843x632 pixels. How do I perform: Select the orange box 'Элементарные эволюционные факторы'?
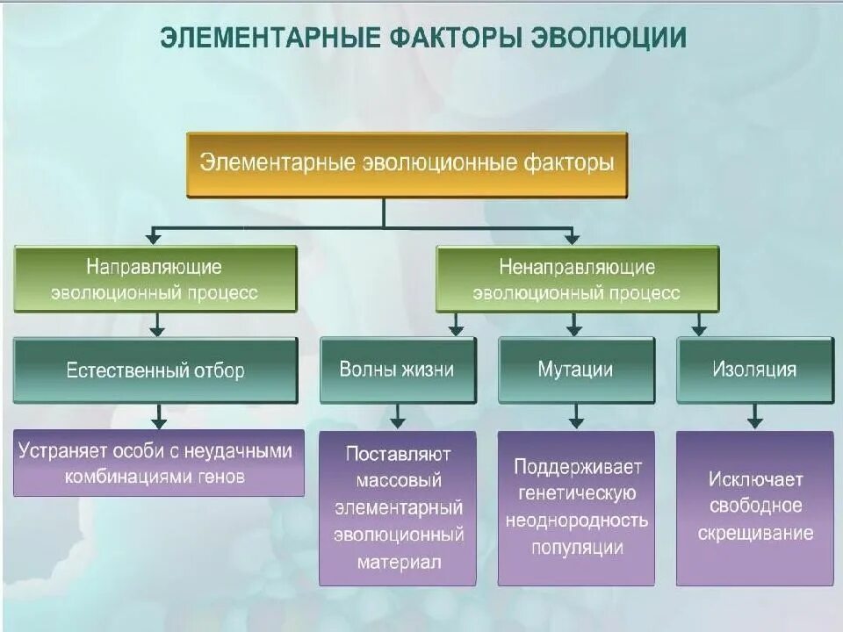(x=407, y=164)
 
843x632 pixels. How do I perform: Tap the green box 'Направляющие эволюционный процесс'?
(x=155, y=279)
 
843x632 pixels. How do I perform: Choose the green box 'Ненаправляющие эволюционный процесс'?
(x=577, y=279)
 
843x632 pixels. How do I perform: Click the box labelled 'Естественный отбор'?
(x=155, y=370)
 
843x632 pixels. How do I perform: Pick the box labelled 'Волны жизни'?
(x=397, y=370)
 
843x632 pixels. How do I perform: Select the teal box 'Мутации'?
(x=576, y=370)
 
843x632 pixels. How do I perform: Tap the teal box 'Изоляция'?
(x=754, y=370)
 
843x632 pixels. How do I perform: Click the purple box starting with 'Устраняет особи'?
(x=158, y=463)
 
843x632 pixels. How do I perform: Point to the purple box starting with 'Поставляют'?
(x=397, y=508)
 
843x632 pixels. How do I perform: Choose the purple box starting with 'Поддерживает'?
(x=576, y=508)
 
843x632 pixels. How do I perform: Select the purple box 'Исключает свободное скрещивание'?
(x=754, y=508)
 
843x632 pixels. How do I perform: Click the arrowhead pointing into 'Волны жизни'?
(x=456, y=330)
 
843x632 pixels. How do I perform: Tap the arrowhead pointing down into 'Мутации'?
(x=574, y=330)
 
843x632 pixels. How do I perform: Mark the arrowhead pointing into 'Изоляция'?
(x=699, y=330)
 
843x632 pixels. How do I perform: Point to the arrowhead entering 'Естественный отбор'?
(x=157, y=330)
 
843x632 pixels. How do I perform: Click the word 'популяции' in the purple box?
(x=577, y=549)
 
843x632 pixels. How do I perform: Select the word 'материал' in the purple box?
(x=398, y=562)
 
